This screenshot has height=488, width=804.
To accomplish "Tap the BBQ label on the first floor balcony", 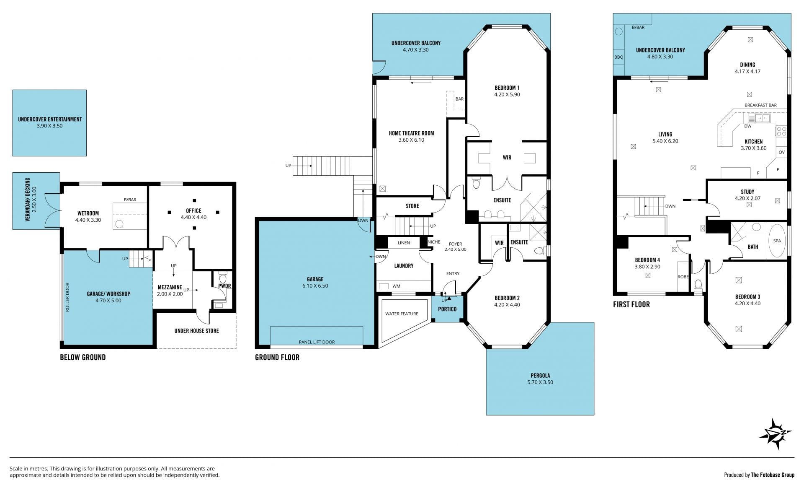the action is point(618,57).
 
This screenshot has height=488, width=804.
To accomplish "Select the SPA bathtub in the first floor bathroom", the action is point(777,241).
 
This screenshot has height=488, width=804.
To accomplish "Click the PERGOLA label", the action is point(540,376).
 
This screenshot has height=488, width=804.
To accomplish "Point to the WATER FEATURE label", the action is point(402,314).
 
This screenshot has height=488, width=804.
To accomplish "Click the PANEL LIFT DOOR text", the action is point(317,342).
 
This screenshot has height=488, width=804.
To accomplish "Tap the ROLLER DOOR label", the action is point(67,297).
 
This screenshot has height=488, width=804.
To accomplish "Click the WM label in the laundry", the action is point(396,286).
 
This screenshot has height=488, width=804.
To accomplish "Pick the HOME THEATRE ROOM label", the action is point(411,133).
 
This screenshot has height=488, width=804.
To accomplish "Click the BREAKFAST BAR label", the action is point(760,105).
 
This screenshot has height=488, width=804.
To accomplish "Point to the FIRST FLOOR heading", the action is point(631,304).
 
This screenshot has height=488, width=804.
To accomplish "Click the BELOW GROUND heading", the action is point(83,358).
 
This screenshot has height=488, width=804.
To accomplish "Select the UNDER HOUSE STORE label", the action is point(196,331).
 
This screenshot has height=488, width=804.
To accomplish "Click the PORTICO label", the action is point(447,309).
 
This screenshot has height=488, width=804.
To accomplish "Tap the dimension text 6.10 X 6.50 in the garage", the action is point(315,286).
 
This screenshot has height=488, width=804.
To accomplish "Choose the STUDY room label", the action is point(747,192).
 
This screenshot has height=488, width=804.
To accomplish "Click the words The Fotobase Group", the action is point(773,475).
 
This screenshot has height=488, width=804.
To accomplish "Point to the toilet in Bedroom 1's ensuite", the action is point(476,183).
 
